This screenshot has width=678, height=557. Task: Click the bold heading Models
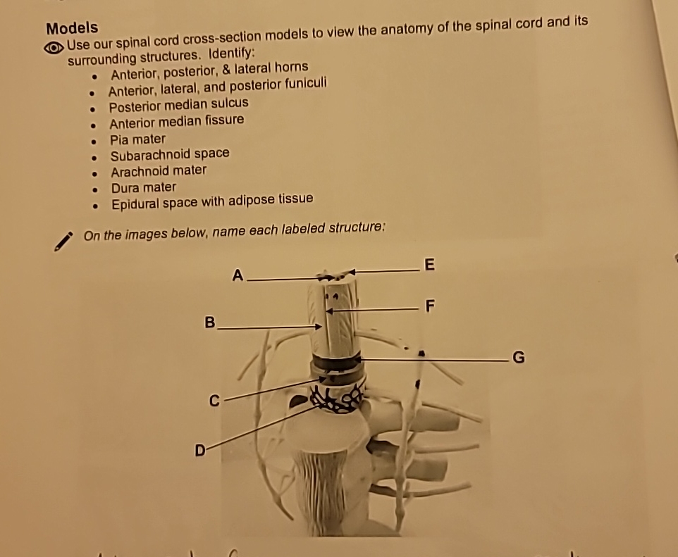[72, 29]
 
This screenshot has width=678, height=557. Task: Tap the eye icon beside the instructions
[54, 48]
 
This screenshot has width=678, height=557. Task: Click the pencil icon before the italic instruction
[64, 241]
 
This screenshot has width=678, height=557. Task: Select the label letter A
[238, 276]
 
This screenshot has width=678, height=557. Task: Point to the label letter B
[209, 323]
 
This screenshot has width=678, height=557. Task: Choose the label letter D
[199, 448]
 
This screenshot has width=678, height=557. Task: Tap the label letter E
[431, 265]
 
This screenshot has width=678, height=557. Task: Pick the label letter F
[431, 306]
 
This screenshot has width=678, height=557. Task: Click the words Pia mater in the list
[137, 139]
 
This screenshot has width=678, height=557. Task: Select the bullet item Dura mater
[144, 187]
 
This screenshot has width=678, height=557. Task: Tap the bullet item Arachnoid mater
[159, 170]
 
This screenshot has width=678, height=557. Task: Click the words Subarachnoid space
[169, 154]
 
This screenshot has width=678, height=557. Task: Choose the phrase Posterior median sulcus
[178, 104]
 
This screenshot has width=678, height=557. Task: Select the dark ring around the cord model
[337, 363]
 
